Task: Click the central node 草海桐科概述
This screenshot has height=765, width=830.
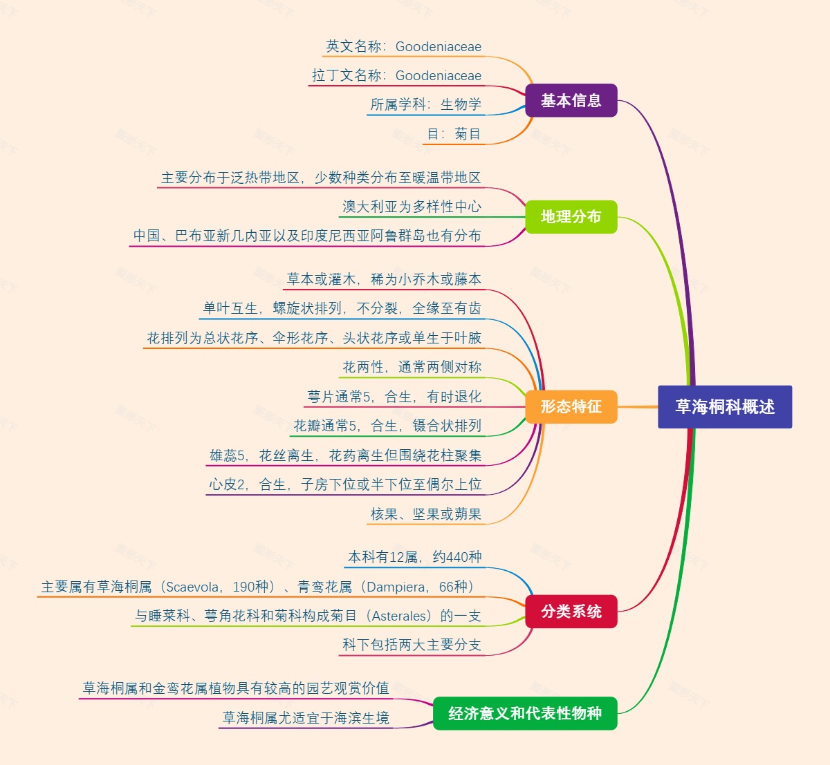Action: click(x=724, y=407)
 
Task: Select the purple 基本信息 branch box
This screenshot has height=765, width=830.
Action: click(x=571, y=101)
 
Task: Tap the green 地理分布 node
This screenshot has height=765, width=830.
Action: click(x=571, y=217)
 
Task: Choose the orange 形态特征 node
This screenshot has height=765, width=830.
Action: click(x=571, y=406)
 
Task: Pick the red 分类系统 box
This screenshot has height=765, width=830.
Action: click(x=571, y=612)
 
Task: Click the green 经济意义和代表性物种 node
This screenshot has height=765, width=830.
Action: click(x=524, y=714)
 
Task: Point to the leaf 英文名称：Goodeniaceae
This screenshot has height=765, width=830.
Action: click(x=403, y=47)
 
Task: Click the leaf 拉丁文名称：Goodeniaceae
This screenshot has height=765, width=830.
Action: click(x=396, y=76)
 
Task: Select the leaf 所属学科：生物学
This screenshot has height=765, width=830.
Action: click(x=425, y=105)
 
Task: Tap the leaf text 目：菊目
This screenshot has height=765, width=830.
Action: click(x=453, y=134)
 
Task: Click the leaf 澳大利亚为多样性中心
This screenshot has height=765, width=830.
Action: click(x=412, y=207)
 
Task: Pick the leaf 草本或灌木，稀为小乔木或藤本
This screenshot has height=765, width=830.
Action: click(x=384, y=280)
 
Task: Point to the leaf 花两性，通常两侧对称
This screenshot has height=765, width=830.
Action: click(x=412, y=368)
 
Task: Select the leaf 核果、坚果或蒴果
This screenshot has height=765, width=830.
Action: click(x=425, y=514)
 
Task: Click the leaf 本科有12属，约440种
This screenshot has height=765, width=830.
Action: click(x=414, y=558)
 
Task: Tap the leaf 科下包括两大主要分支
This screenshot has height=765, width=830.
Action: click(x=412, y=645)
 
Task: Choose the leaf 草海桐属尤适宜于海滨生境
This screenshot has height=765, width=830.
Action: click(x=305, y=719)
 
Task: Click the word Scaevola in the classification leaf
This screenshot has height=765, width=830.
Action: click(x=193, y=587)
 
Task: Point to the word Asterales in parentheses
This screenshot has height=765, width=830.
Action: click(x=400, y=616)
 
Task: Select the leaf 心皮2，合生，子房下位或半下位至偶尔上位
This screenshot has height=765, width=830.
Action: click(x=345, y=485)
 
